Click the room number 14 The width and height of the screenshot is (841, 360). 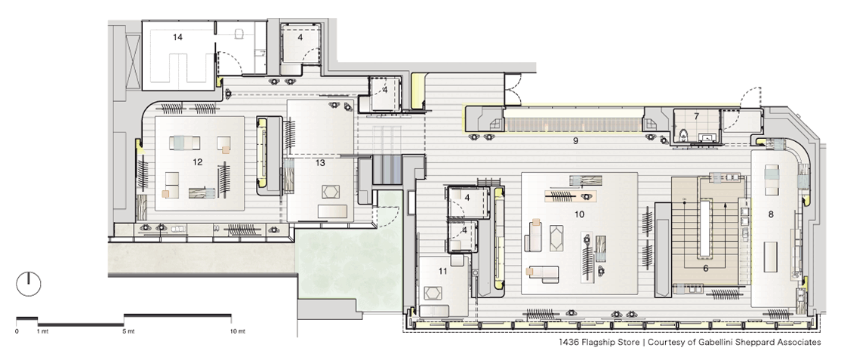[x=177, y=37]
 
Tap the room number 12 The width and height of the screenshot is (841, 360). [x=197, y=162]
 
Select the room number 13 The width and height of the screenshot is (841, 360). [x=320, y=163]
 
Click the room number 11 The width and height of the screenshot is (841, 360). [x=442, y=271]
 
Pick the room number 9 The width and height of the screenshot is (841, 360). [x=575, y=142]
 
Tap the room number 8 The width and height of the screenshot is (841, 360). [x=771, y=214]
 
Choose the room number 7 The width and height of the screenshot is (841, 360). [x=696, y=116]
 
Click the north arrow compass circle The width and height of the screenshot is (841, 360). [x=29, y=283]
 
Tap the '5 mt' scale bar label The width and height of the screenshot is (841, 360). [x=128, y=331]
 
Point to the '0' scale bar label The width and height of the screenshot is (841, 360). [x=17, y=331]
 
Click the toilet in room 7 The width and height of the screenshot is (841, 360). [x=682, y=137]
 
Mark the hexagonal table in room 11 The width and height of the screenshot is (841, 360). [x=432, y=293]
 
